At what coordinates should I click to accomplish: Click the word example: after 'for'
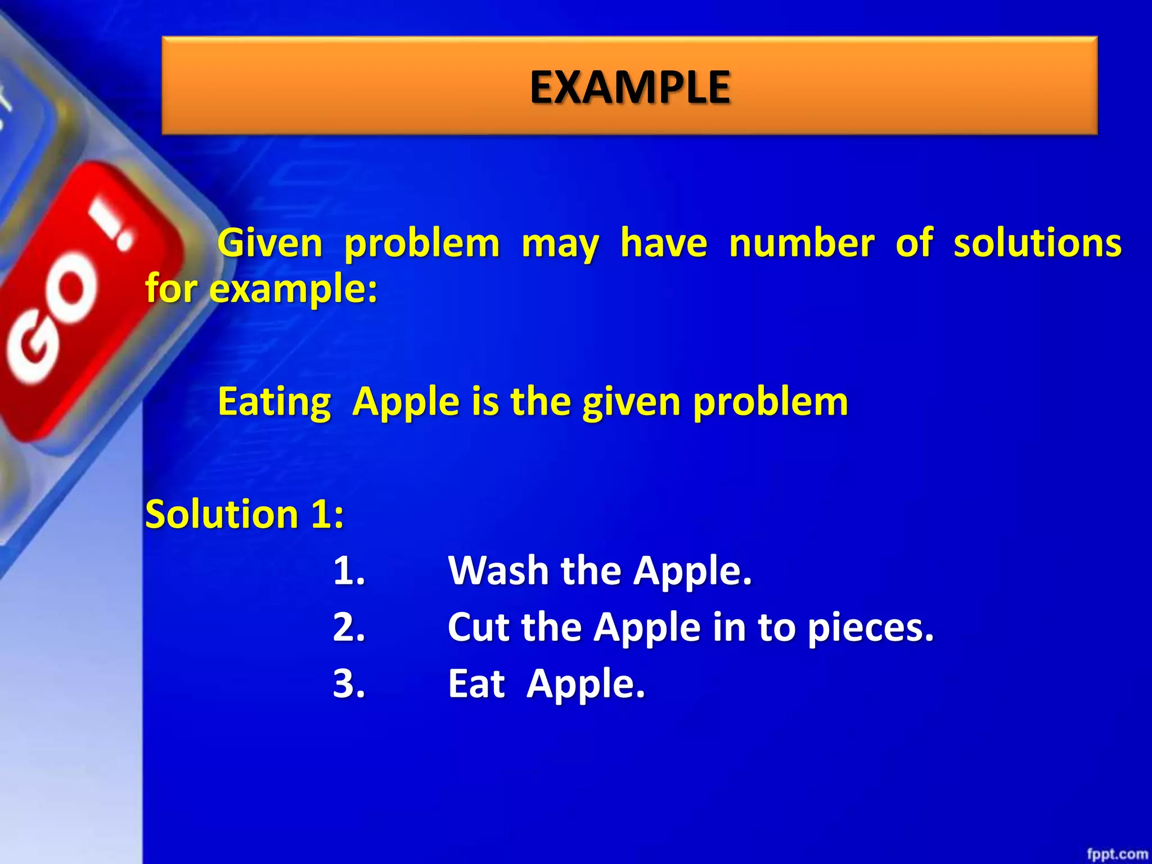point(293,290)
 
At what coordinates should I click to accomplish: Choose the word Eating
point(274,402)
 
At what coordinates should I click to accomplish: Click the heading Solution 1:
point(244,514)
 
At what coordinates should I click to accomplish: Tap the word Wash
point(498,571)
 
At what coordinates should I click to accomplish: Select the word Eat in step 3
point(476,684)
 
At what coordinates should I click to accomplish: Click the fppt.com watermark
point(1117,854)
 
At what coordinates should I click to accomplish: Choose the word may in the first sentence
point(560,245)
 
